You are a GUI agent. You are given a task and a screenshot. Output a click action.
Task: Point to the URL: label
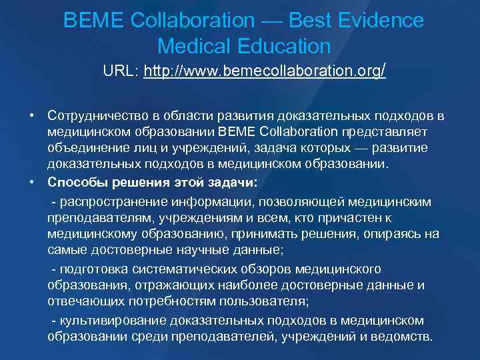121,71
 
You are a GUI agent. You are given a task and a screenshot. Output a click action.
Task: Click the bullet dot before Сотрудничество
32,115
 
